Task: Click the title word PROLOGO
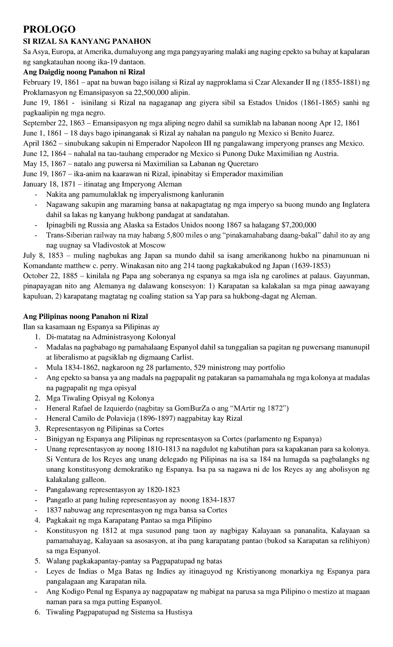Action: [49, 29]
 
